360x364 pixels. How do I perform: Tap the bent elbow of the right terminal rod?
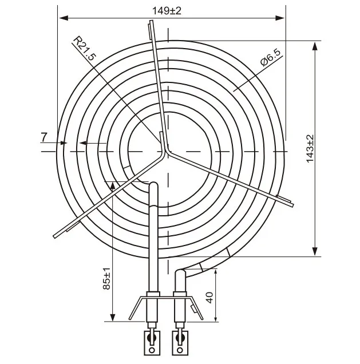pyautogui.click(x=179, y=273)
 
